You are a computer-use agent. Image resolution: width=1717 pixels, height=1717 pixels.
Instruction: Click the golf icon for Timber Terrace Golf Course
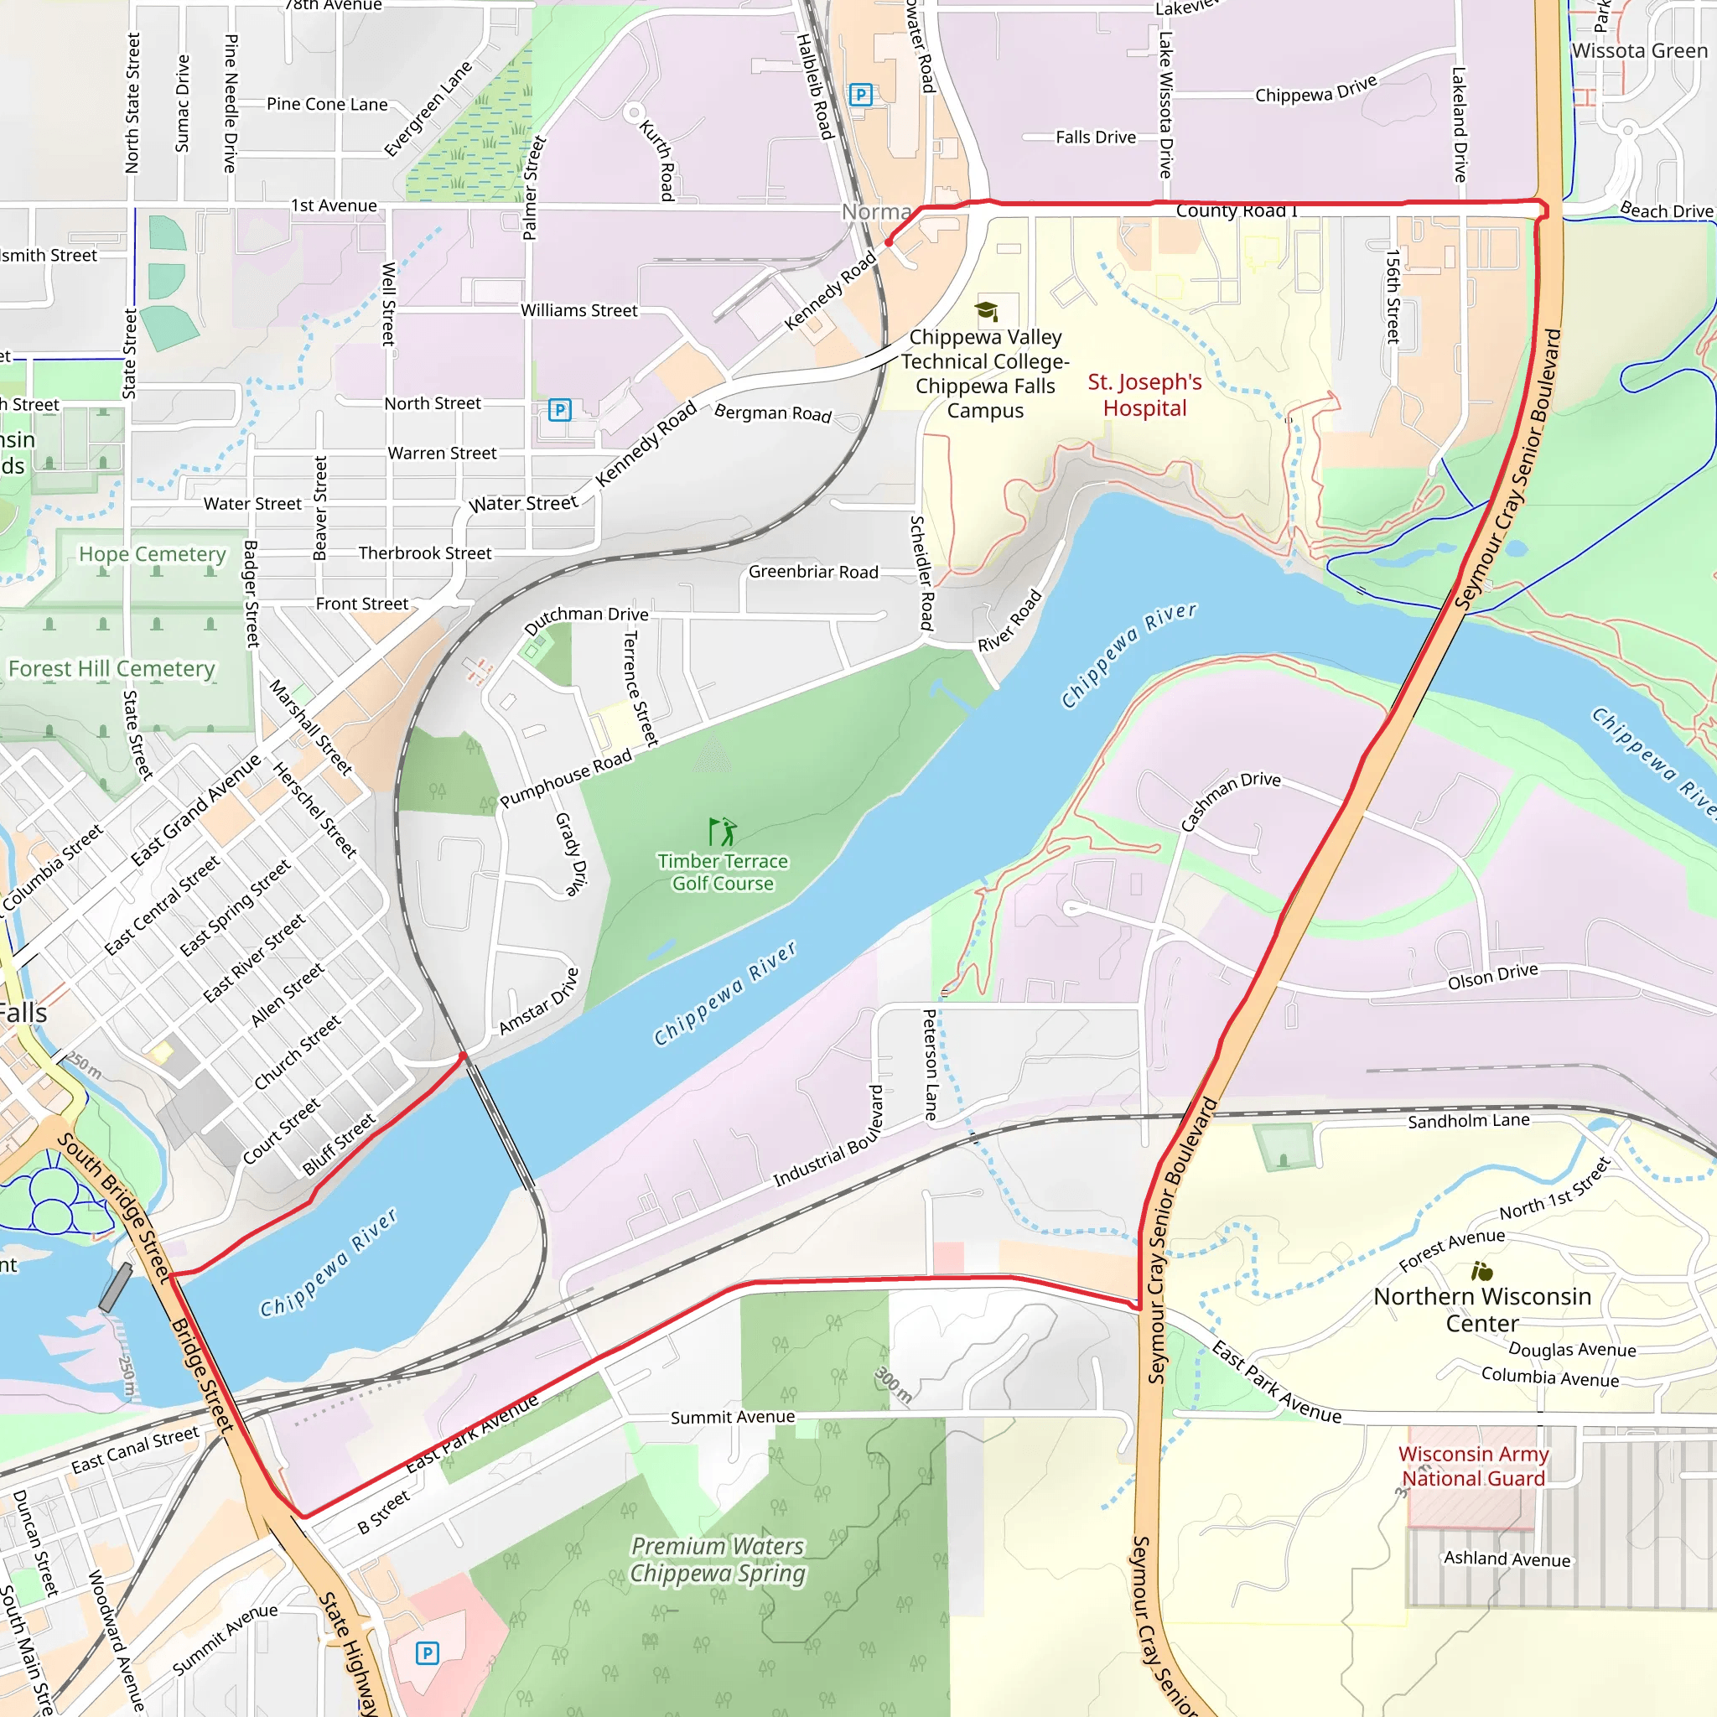(723, 832)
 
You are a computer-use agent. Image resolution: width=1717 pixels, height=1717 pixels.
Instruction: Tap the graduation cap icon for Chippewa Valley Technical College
(986, 310)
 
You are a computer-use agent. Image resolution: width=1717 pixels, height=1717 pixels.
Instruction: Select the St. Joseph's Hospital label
(1144, 396)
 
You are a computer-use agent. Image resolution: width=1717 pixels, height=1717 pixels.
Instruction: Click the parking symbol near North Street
(559, 410)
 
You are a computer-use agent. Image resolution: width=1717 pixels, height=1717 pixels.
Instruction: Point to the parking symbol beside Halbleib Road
(860, 94)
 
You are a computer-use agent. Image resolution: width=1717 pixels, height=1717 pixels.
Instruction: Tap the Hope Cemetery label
(152, 554)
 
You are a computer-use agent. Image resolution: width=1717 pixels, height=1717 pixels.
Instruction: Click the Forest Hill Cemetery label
(112, 668)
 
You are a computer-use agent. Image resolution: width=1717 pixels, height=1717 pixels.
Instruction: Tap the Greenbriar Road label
(813, 573)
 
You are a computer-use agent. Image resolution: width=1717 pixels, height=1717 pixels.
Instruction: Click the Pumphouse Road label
(566, 778)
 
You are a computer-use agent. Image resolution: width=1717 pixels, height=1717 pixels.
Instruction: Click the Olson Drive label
(1492, 976)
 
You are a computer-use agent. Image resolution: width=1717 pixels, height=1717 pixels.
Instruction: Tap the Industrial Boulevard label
(828, 1137)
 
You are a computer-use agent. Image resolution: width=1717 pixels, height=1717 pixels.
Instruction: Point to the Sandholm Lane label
(1468, 1121)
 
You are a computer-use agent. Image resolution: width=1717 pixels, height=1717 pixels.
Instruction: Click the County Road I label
(1237, 211)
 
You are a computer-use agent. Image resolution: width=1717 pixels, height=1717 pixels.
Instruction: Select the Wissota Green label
(1639, 50)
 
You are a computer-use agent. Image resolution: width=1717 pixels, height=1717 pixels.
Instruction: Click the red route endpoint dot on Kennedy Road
(889, 241)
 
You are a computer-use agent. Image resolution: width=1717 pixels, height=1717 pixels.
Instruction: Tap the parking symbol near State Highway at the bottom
(428, 1653)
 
